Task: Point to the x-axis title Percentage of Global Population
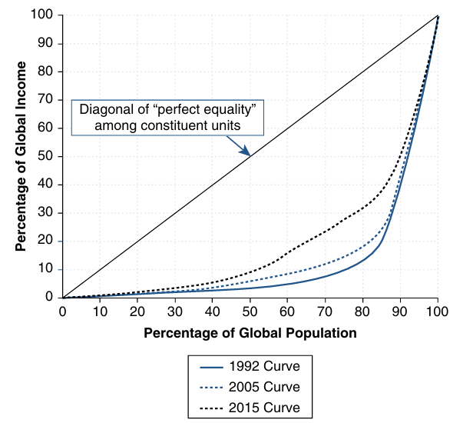pos(250,333)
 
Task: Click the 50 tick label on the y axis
pos(45,156)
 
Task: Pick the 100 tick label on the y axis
pos(42,15)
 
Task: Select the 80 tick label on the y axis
pos(45,72)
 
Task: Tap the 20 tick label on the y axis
pos(45,241)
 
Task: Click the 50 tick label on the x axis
pos(250,311)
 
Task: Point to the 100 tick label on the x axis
pos(438,311)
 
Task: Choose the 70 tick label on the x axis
pos(325,311)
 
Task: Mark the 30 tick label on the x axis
pos(175,311)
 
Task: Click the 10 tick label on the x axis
pos(100,311)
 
